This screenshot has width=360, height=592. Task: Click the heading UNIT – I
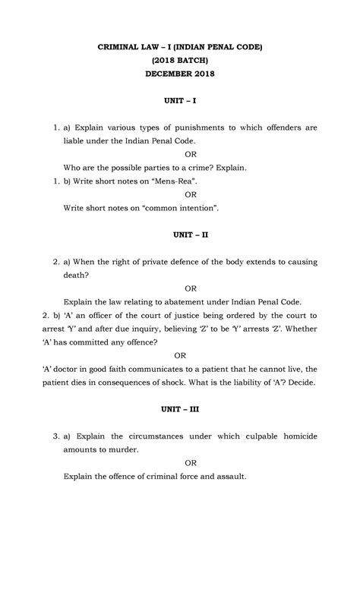[x=180, y=100]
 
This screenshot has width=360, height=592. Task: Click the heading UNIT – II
[x=180, y=236]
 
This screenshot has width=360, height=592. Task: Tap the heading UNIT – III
[x=180, y=409]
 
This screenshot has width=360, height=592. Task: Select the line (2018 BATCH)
[x=180, y=60]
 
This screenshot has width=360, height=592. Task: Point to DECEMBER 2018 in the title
[x=180, y=74]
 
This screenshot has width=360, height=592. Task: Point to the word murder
[x=124, y=450]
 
